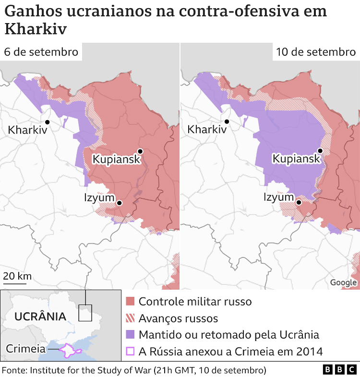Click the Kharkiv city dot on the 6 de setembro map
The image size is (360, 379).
coord(48,122)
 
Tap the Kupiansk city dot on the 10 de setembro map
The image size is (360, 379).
coord(320,151)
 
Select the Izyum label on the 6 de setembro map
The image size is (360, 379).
coord(99,197)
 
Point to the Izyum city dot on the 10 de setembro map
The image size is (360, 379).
coord(299,202)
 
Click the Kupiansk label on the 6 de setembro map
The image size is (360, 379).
coord(116,159)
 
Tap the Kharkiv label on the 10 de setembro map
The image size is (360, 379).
coord(206,129)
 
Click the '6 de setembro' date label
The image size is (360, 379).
coord(41,52)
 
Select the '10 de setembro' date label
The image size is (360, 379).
coord(316,52)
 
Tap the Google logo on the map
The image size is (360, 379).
coord(343,282)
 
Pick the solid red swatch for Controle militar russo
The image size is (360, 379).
coord(130,302)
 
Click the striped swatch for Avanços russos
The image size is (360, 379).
coord(130,318)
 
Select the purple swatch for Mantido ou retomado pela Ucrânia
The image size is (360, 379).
coord(130,334)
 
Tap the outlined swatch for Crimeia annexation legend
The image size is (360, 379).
coord(130,351)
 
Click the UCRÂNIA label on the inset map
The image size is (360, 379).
coord(40,317)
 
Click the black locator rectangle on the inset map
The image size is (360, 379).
coord(85,313)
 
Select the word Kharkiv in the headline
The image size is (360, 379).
coord(36,29)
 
